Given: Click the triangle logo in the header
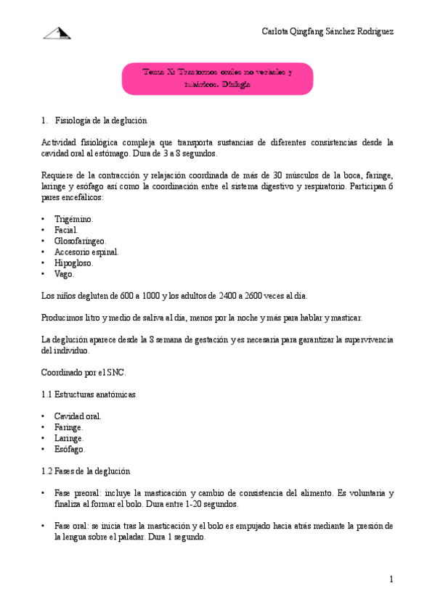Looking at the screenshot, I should [57, 33].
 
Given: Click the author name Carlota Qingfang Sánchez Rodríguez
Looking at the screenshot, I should [328, 33].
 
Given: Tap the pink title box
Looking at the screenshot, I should [217, 78].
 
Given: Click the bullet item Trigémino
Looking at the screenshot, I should [73, 219].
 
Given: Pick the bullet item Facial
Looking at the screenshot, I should [66, 230].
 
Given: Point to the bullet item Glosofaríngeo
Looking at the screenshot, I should [80, 241].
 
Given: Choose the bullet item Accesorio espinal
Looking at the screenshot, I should [86, 252].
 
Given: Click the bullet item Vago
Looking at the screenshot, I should [64, 273].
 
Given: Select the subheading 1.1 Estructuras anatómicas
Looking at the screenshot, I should [89, 394].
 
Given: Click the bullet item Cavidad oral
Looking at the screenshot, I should [78, 416].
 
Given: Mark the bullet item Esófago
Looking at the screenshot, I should [69, 449].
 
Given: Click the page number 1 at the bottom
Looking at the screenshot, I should [391, 579].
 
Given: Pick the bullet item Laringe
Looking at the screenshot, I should [69, 438].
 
